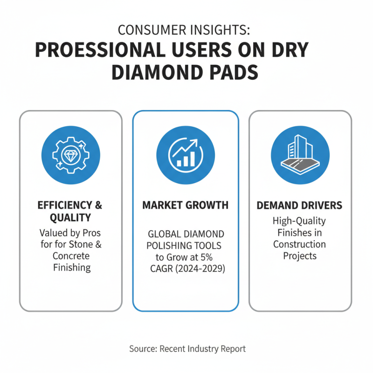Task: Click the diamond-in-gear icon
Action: click(71, 153)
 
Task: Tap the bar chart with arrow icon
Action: click(186, 153)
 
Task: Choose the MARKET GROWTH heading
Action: click(186, 205)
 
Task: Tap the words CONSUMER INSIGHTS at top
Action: click(185, 30)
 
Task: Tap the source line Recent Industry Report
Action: click(186, 348)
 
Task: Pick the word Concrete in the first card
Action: click(71, 256)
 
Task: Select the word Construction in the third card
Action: click(300, 244)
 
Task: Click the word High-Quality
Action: click(300, 221)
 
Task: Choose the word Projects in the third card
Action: click(300, 256)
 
